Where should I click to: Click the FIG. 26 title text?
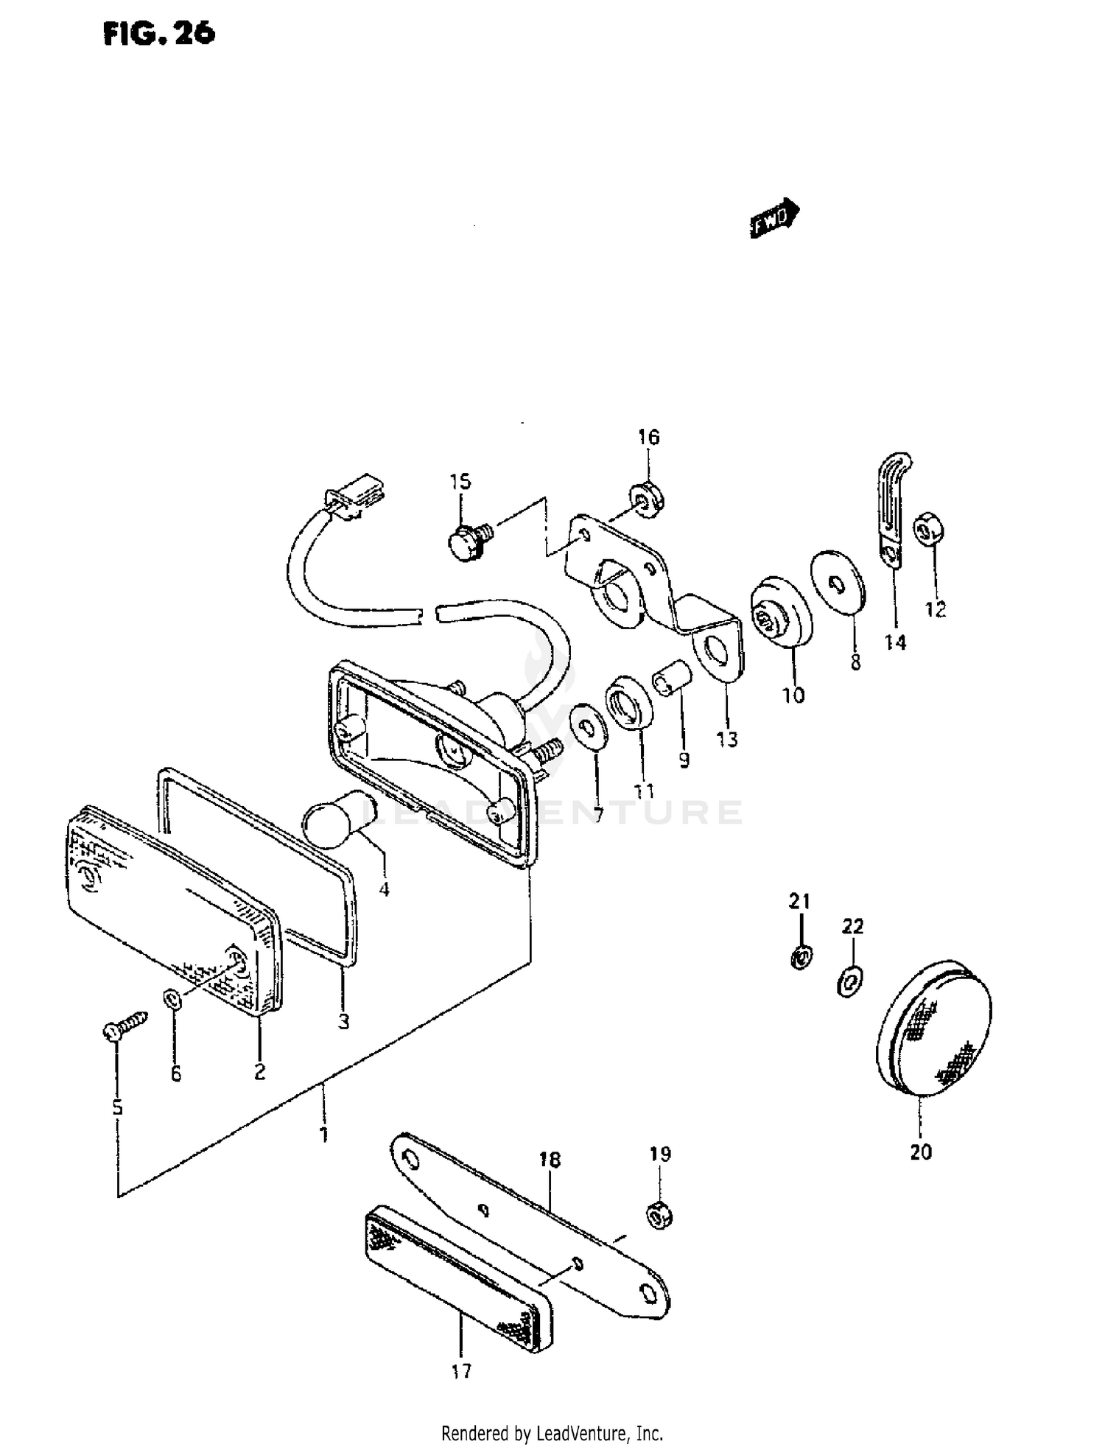158,32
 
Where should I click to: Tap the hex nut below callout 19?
659,1215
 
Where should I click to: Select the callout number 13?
726,739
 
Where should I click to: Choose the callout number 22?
852,926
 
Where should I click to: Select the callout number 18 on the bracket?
550,1160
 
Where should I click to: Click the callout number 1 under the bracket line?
323,1135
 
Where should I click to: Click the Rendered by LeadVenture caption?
552,1434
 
